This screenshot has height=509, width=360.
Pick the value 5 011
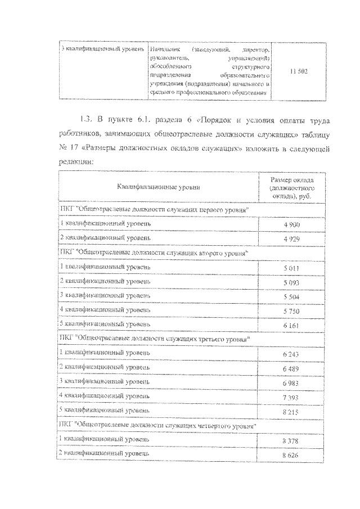[291, 267]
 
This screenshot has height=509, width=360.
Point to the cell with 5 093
[291, 281]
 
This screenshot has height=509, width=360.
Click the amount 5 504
[291, 295]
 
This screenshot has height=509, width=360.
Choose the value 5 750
[291, 310]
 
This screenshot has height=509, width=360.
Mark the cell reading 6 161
[291, 325]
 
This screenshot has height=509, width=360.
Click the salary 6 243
[291, 353]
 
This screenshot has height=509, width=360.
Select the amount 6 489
[291, 367]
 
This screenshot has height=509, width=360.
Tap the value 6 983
[291, 382]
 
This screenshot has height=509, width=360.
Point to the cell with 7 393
[291, 397]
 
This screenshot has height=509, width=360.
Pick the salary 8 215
[291, 411]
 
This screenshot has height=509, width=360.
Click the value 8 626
[291, 453]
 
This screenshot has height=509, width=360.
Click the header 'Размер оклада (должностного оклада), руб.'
[291, 187]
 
